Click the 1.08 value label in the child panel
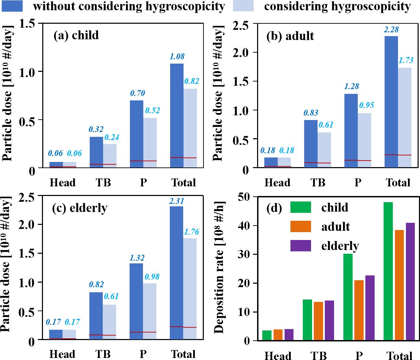[x=177, y=56]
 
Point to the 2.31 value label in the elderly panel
[x=177, y=201]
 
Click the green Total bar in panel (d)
[x=388, y=271]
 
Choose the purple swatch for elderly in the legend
[x=301, y=246]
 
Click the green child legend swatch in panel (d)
[x=301, y=207]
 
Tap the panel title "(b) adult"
[x=290, y=36]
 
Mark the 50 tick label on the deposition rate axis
[x=245, y=197]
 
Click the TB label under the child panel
[x=103, y=182]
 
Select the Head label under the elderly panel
[x=62, y=354]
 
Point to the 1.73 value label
[x=406, y=60]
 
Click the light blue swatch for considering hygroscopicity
[x=243, y=6]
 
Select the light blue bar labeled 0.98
[x=150, y=311]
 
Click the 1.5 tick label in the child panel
[x=27, y=24]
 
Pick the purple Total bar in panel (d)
[x=410, y=282]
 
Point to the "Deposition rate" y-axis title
[x=219, y=268]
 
